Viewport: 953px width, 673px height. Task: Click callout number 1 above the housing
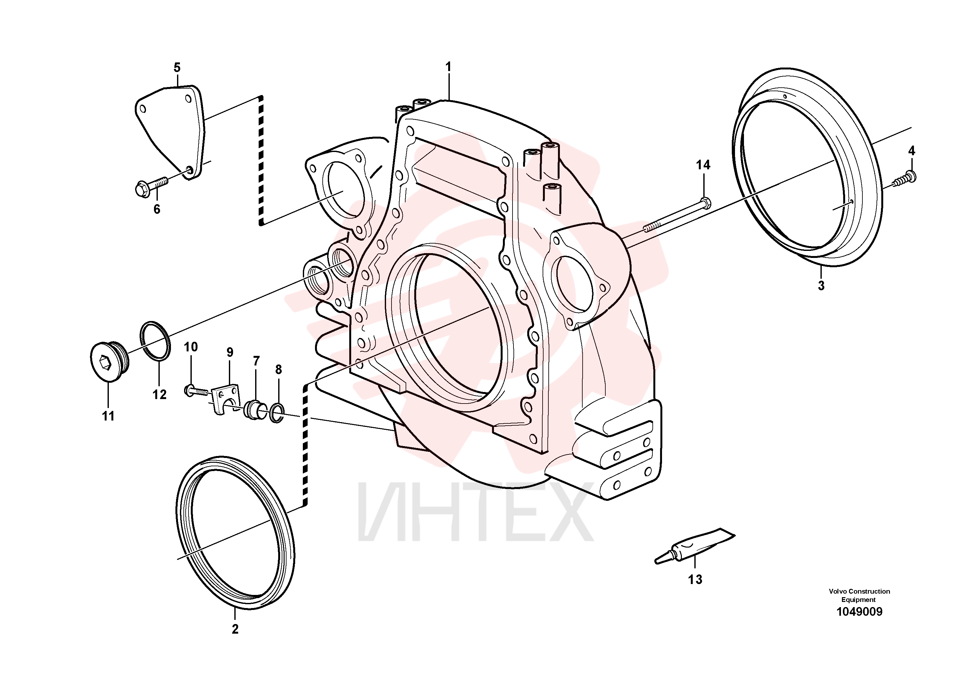[x=448, y=67]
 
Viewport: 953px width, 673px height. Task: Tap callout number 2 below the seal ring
[x=235, y=629]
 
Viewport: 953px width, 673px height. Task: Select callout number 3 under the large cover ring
[x=821, y=286]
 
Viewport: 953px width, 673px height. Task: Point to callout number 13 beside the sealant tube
[x=696, y=579]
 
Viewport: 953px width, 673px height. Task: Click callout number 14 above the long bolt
[x=703, y=165]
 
